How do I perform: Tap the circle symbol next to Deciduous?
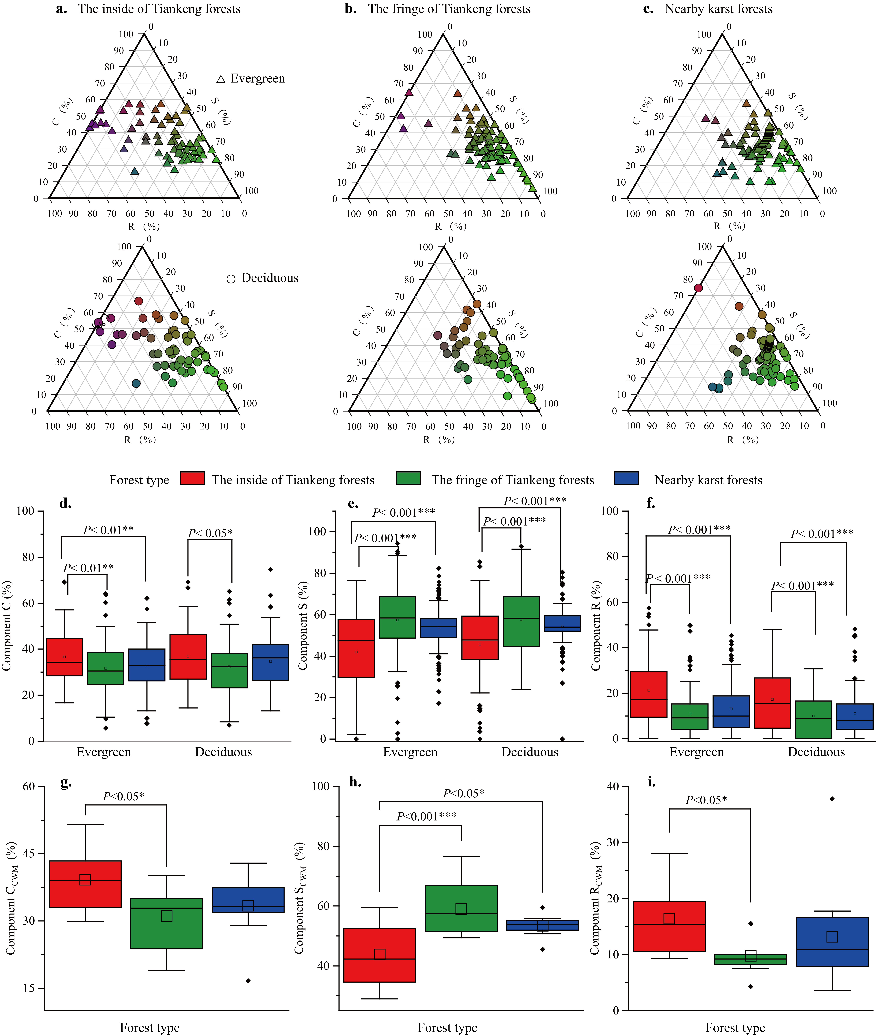coord(231,279)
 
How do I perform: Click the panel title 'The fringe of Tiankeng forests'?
coord(449,9)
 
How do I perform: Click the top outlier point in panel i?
coord(832,799)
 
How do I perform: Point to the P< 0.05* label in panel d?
coord(210,533)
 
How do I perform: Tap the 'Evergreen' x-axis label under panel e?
coord(410,752)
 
